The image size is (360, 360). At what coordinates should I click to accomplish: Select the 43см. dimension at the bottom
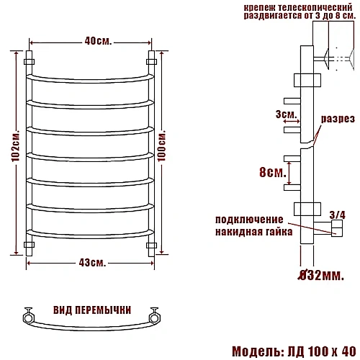pos(91,261)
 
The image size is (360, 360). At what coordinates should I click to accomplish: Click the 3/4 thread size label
pos(336,213)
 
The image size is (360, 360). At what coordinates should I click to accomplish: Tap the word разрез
pos(337,119)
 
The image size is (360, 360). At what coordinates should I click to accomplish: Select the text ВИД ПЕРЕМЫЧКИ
pos(91,310)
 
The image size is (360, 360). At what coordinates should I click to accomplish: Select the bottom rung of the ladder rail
pos(91,233)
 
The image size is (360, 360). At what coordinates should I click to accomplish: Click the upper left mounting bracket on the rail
pos(30,63)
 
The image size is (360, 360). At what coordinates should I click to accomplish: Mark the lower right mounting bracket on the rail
pos(152,246)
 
